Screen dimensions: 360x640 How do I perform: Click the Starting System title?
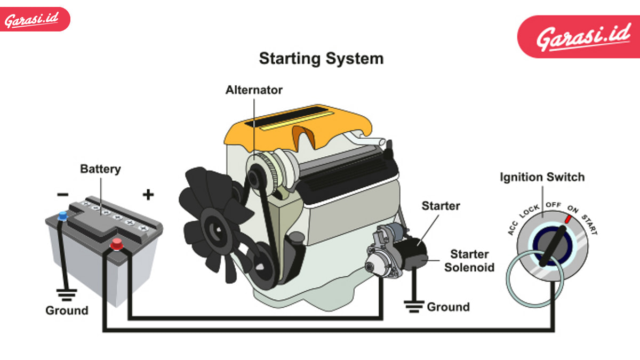point(321,58)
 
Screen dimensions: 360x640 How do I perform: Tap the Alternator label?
point(254,90)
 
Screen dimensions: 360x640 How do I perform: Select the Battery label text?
point(100,170)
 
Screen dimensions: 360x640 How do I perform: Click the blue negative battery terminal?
point(63,215)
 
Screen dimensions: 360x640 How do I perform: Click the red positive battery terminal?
point(116,245)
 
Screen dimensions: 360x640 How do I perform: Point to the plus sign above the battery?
point(148,195)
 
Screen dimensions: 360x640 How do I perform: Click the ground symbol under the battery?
point(66,293)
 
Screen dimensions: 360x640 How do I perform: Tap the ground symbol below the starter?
point(413,306)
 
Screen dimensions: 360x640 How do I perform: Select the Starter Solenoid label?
point(469,260)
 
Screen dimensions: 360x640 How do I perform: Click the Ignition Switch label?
point(542,177)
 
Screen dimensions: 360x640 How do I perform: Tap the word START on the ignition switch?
point(589,224)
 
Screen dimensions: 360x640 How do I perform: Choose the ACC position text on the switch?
point(514,228)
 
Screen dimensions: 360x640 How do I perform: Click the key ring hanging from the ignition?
point(533,277)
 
